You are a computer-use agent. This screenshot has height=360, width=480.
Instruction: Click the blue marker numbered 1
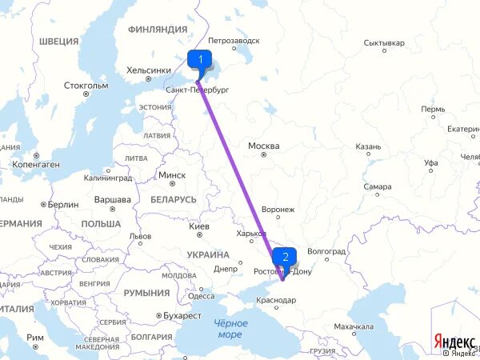[x=200, y=59]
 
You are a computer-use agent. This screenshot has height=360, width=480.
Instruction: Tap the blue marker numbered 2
[x=285, y=258]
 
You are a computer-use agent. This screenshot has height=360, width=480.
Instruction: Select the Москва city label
[x=263, y=146]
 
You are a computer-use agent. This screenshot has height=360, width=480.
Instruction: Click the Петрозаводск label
[x=234, y=40]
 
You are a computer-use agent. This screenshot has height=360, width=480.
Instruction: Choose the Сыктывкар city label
[x=384, y=42]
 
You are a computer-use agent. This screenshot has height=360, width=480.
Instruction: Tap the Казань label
[x=368, y=146]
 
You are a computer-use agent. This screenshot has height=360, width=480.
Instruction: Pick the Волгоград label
[x=326, y=251]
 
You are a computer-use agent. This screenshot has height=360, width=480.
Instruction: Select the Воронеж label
[x=278, y=209]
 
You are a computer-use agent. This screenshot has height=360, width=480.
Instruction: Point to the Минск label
[x=172, y=175]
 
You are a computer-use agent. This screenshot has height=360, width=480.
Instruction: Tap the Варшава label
[x=113, y=199]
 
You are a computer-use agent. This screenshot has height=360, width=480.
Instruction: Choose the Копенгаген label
[x=36, y=164]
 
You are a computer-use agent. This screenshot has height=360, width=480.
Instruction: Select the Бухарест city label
[x=180, y=316]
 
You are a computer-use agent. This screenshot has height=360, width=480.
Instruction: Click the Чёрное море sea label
[x=231, y=328]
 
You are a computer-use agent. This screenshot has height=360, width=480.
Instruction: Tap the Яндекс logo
[x=454, y=341]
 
